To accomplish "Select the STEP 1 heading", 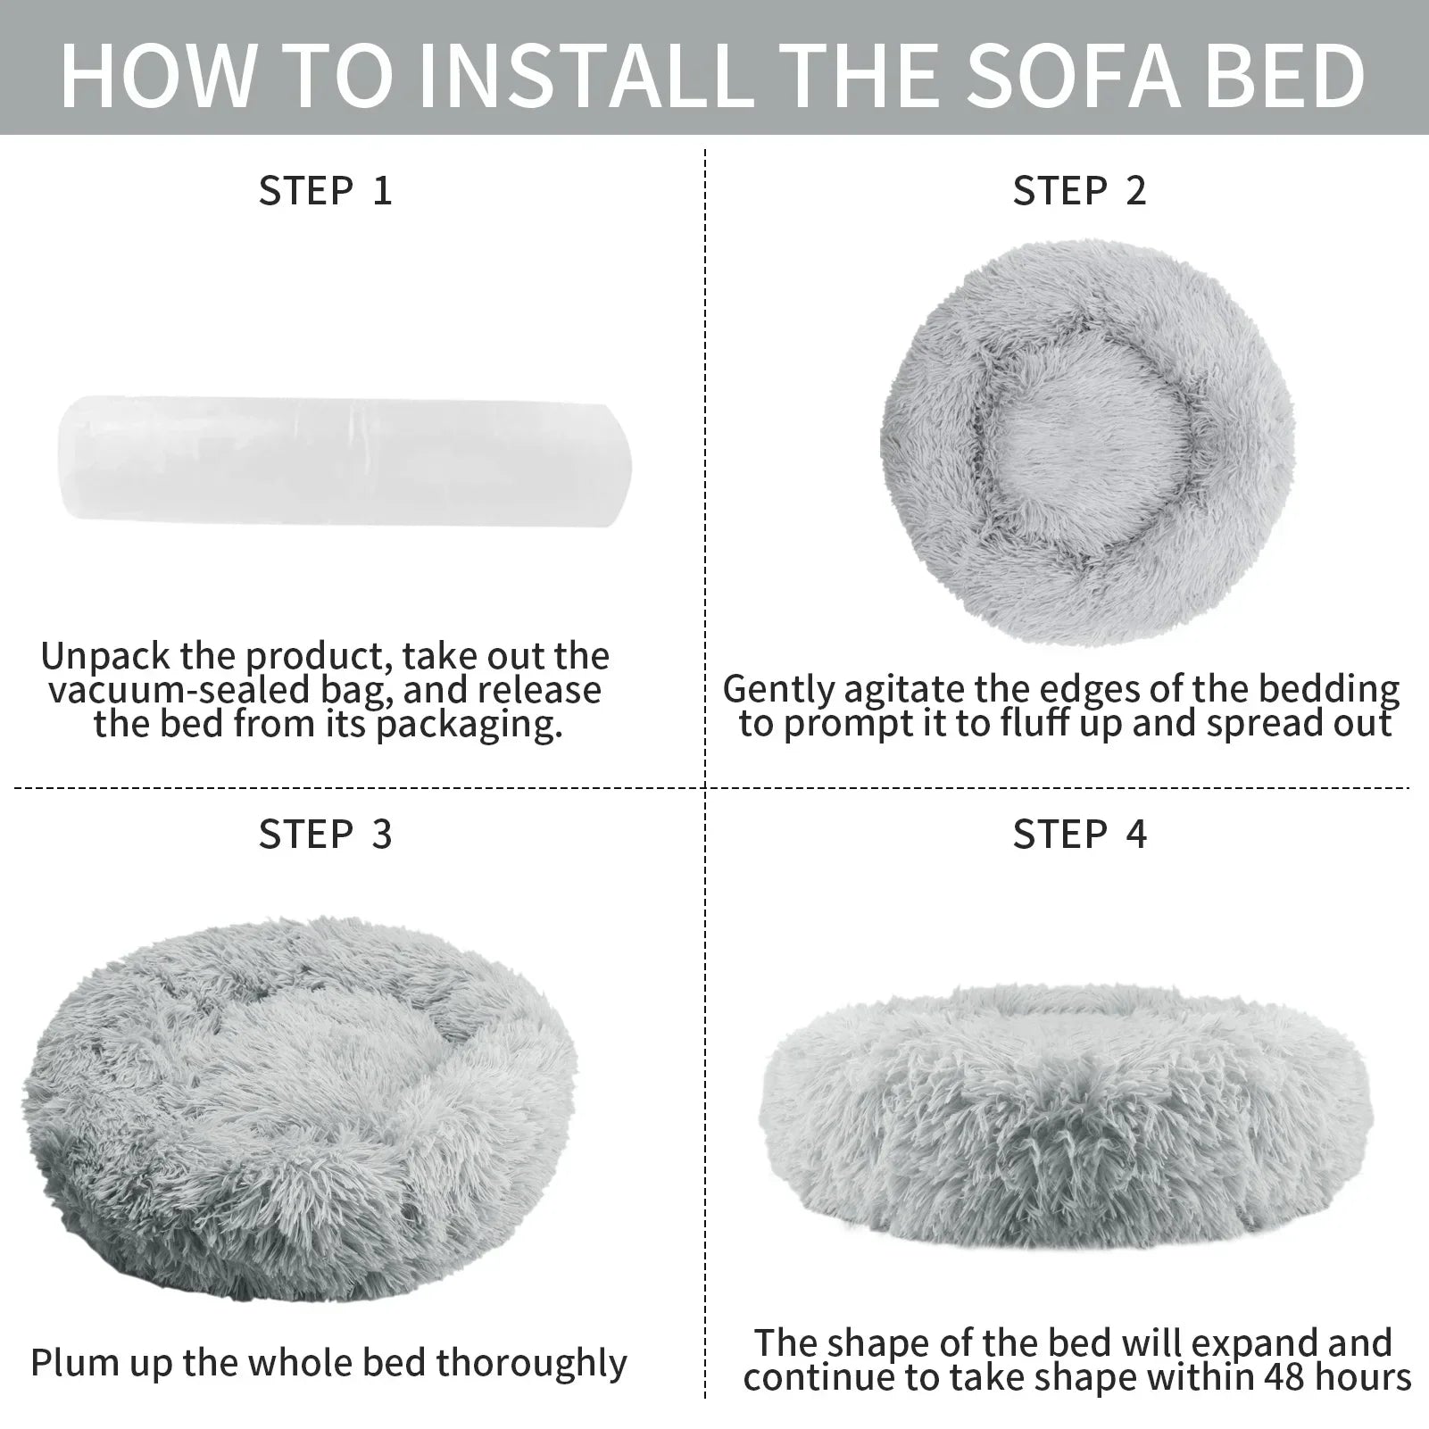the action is point(326,191).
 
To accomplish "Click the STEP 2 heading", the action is point(1080,191).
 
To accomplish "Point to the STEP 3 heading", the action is point(326,835).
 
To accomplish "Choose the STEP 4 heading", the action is point(1080,835).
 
